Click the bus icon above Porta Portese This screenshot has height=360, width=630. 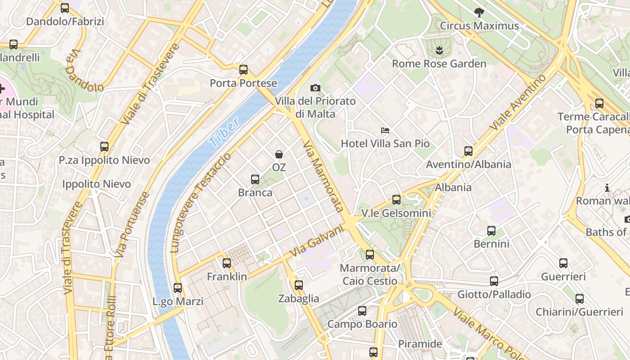(x=243, y=70)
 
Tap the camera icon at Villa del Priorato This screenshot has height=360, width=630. (x=315, y=88)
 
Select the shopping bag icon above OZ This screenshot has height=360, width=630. (x=279, y=154)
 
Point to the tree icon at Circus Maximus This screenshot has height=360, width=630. (x=479, y=13)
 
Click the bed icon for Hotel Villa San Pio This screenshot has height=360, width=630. (x=385, y=130)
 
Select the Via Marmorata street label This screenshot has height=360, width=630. (x=324, y=176)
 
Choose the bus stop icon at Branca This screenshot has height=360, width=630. (x=255, y=180)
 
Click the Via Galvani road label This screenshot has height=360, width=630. (x=316, y=241)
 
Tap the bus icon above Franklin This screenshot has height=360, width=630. (x=227, y=263)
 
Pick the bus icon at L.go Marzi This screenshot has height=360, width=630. (x=178, y=288)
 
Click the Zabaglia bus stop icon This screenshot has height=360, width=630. (x=299, y=285)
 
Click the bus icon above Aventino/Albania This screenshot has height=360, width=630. (x=468, y=151)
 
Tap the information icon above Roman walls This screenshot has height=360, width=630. (x=607, y=188)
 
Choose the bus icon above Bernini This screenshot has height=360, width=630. (x=491, y=231)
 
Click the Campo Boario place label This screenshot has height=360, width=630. (x=362, y=324)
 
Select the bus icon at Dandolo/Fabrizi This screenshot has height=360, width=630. (x=65, y=8)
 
